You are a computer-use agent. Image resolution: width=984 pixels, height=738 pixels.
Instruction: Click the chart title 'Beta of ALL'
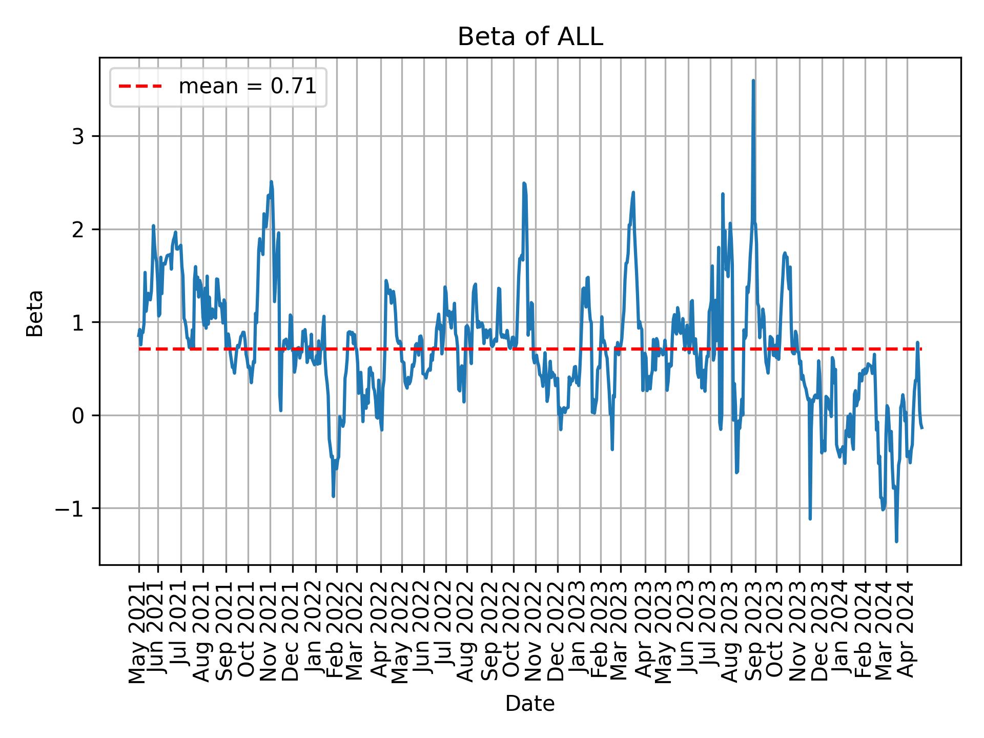[x=530, y=37]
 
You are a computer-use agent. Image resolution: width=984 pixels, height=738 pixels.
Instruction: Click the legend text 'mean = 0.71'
[x=247, y=87]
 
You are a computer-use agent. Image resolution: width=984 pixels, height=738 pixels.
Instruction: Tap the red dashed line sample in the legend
[x=140, y=87]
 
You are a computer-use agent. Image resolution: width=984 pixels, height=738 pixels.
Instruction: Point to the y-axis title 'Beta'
[x=35, y=313]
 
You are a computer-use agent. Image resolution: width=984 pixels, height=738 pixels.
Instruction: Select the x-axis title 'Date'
[x=529, y=704]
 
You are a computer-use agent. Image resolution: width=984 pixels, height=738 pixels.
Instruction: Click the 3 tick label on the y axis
[x=78, y=137]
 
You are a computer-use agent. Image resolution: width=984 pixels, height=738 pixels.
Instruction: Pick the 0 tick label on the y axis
[x=78, y=416]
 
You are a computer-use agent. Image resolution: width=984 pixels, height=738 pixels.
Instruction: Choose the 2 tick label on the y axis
[x=78, y=230]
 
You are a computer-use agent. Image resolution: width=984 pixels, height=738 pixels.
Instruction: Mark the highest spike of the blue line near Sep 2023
[x=753, y=81]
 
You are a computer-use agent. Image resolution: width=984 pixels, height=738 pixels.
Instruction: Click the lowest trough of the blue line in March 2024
[x=896, y=541]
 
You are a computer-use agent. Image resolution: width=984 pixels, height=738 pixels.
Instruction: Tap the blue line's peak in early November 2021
[x=271, y=182]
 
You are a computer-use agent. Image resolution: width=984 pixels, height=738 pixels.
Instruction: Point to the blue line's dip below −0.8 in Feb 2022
[x=334, y=496]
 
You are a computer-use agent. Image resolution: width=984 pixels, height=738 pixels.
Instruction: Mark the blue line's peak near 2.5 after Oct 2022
[x=524, y=183]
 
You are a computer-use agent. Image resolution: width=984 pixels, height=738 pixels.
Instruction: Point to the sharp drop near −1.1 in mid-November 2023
[x=810, y=519]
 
